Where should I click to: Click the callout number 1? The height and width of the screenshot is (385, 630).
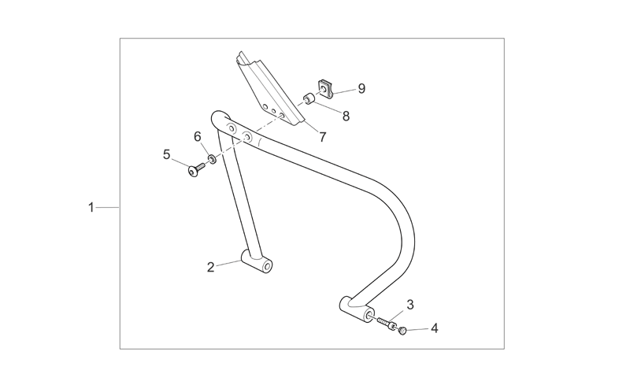pos(91,208)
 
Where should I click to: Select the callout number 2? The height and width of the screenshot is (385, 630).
pos(211,267)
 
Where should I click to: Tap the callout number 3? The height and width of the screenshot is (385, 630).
pos(409,305)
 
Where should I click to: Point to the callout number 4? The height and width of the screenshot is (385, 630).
pos(435,328)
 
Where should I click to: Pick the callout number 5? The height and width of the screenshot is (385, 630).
pos(166,154)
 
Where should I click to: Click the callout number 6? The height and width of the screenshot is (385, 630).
pos(198,137)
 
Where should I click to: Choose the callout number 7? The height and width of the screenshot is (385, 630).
pos(322,137)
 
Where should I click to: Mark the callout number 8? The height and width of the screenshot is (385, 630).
pos(346,117)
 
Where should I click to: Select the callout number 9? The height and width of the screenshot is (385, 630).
pos(361,88)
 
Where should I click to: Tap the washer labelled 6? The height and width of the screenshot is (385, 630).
pos(212,160)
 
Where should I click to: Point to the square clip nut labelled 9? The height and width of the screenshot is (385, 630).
pos(325,88)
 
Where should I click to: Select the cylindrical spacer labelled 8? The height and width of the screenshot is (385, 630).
pos(309,98)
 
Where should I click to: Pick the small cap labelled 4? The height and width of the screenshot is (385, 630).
pos(402,331)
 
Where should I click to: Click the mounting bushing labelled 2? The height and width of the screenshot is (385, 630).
pos(257,261)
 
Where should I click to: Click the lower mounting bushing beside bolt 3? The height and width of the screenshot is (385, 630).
pos(357,309)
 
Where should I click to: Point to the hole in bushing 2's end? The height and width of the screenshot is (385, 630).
pos(266,267)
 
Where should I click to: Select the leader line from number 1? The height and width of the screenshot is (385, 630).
pos(108,207)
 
